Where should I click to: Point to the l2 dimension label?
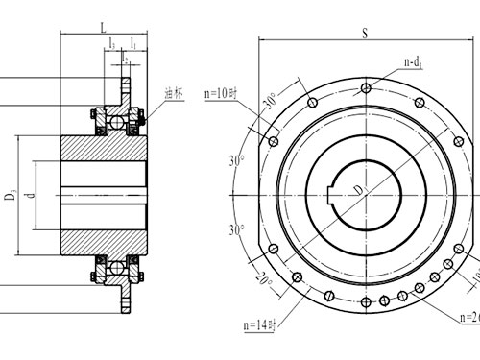[124, 59]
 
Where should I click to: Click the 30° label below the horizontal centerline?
[236, 231]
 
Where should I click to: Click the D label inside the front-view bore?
[357, 193]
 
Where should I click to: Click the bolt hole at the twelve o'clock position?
[365, 87]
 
